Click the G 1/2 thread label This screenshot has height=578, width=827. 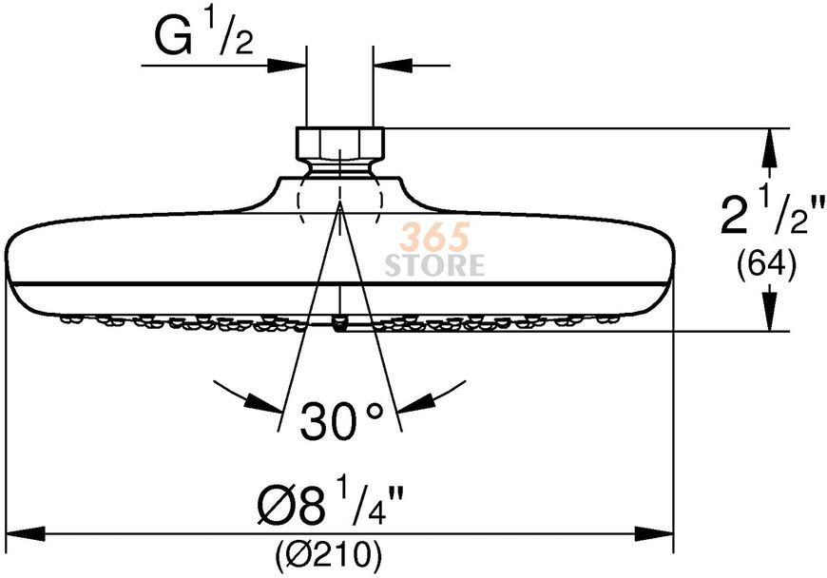point(203,36)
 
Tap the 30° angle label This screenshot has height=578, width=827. point(341,420)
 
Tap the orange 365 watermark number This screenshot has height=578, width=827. point(434,237)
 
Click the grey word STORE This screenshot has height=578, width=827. point(434,264)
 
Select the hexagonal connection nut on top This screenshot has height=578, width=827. point(340,142)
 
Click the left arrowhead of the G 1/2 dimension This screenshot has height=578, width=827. point(287,66)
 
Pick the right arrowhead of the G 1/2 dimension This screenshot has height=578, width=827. point(392,66)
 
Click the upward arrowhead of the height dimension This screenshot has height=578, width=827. point(771,147)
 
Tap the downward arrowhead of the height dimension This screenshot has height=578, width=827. point(771,312)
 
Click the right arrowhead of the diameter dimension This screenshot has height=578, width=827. point(654,532)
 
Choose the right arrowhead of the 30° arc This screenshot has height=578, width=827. point(416,402)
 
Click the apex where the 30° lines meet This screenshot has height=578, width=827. point(340,204)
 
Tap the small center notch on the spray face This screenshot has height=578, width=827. point(340,323)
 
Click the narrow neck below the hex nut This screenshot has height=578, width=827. point(340,166)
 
